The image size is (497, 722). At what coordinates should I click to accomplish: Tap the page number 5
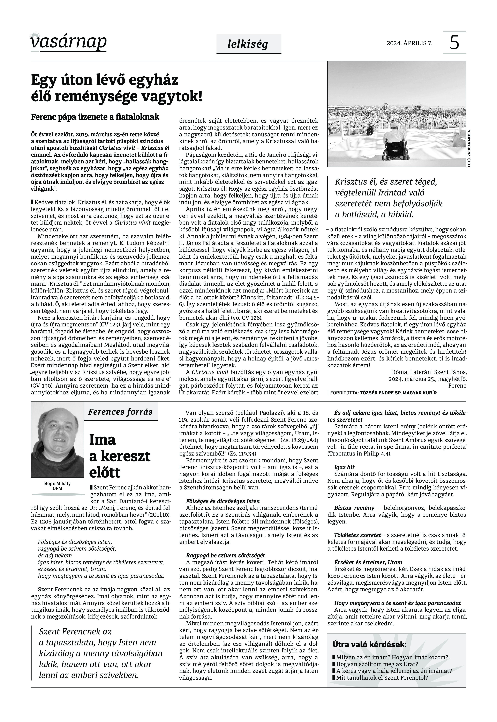[x=454, y=42]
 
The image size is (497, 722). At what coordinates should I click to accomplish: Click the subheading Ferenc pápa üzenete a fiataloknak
[x=95, y=117]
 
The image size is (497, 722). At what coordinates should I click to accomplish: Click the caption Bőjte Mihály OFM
[x=57, y=486]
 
